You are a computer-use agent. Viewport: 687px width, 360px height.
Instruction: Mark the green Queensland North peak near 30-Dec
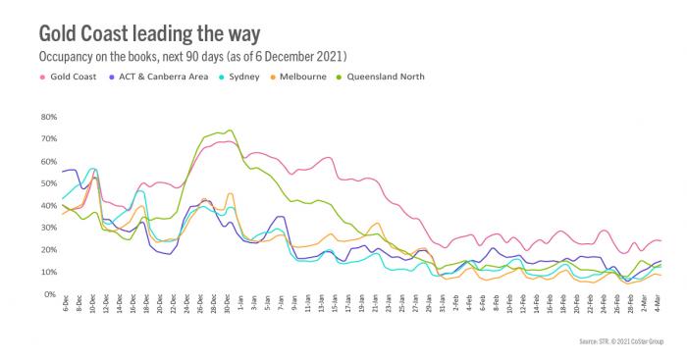[x=230, y=130]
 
